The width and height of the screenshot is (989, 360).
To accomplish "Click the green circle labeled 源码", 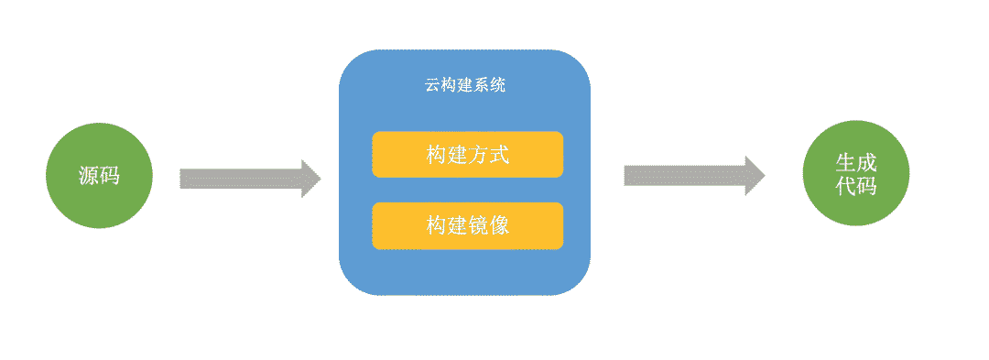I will [98, 175].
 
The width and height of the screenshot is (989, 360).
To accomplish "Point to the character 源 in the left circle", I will [89, 177].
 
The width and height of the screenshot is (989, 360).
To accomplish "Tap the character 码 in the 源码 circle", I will [109, 177].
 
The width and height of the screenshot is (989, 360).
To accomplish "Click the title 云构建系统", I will [465, 87].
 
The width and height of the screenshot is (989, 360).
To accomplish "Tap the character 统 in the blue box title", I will [498, 87].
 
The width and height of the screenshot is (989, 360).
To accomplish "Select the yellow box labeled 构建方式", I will [467, 155].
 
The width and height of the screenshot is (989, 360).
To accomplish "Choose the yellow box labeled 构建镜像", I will [467, 225].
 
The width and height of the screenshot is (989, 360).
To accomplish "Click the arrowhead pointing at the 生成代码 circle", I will [755, 176].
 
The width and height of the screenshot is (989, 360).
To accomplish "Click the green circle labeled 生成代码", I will [855, 174].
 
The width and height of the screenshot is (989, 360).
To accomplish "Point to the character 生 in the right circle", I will [845, 163].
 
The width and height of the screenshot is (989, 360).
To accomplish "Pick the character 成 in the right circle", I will [866, 163].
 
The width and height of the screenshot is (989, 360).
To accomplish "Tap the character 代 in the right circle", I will [845, 186].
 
